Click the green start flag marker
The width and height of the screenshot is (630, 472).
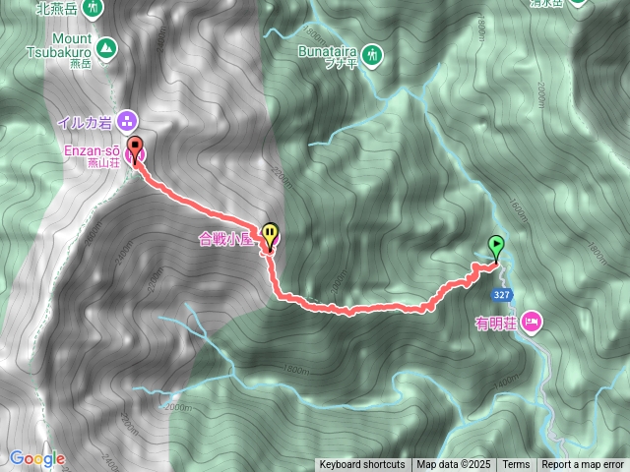coord(496,245)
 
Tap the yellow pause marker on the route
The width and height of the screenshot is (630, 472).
coord(269,231)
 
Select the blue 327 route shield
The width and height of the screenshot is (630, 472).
coord(502,294)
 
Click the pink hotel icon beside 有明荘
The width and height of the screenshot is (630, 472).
coord(533,320)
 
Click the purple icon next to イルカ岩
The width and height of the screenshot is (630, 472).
coord(126,122)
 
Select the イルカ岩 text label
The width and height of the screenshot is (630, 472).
coord(85,122)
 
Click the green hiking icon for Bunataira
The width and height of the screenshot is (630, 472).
coord(372,55)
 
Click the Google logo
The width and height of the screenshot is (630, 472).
coord(36,458)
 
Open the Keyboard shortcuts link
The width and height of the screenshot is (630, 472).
coord(361,465)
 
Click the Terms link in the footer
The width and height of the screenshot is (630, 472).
coord(515,465)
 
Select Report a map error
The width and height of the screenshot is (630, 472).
coord(584,465)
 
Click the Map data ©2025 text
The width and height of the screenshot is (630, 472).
coord(453,465)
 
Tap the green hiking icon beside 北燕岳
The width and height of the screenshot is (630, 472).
coord(93,7)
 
